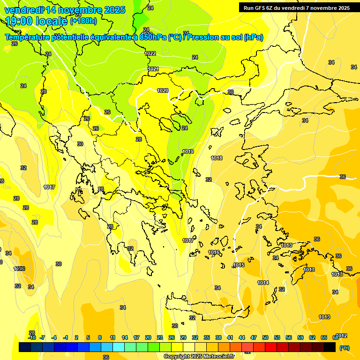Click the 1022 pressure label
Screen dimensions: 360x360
click(x=150, y=53)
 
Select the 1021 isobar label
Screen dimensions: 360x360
click(x=153, y=69)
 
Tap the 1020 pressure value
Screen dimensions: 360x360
click(x=163, y=90)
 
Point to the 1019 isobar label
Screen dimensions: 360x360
click(x=188, y=151)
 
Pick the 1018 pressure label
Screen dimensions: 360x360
click(x=217, y=158)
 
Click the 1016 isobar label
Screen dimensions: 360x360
click(x=214, y=253)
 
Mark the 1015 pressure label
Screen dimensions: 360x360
click(x=239, y=265)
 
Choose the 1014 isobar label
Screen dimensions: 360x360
click(x=263, y=283)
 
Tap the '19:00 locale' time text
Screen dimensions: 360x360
click(x=37, y=21)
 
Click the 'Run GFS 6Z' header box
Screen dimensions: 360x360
click(x=296, y=8)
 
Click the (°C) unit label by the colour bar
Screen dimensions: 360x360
click(x=344, y=347)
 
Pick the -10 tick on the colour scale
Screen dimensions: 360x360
click(x=32, y=337)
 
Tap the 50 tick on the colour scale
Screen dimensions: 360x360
click(x=265, y=337)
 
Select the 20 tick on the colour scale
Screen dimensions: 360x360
click(x=148, y=337)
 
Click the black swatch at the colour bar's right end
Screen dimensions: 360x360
click(x=330, y=347)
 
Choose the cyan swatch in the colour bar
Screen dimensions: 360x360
click(x=119, y=347)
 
